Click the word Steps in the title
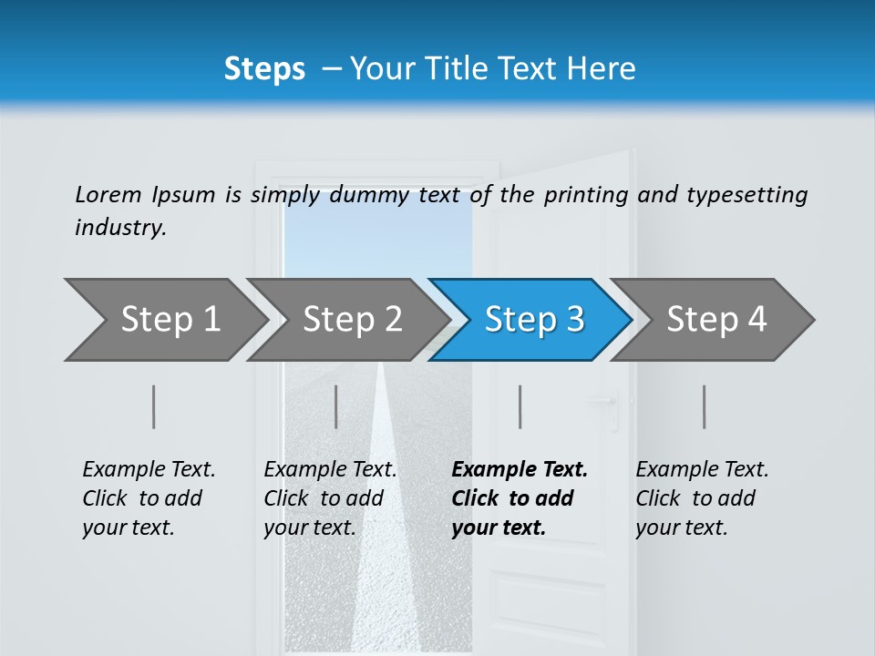click(x=264, y=69)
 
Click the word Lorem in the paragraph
click(x=108, y=194)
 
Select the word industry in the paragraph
click(x=120, y=228)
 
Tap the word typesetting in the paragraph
click(x=746, y=195)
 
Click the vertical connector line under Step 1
click(x=154, y=406)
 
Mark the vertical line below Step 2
click(x=336, y=406)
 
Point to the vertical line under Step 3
click(x=520, y=406)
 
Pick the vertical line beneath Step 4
click(x=705, y=406)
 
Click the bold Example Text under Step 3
click(x=520, y=470)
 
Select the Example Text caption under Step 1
click(x=149, y=470)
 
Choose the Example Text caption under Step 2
click(x=330, y=470)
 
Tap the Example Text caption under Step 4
click(x=702, y=470)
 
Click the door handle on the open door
click(x=605, y=402)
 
